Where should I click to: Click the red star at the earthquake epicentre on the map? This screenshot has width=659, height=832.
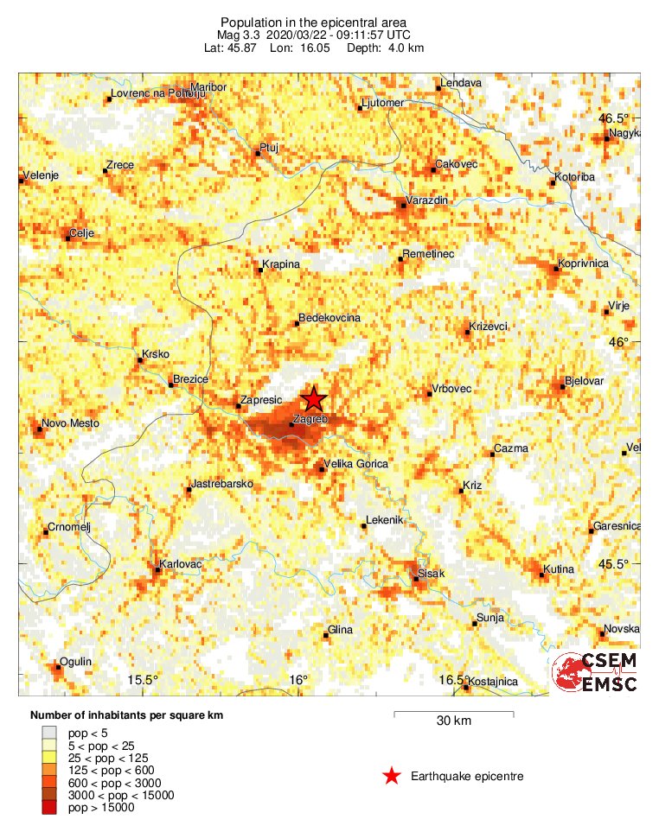(x=313, y=399)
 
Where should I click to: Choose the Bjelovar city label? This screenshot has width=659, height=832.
(x=584, y=380)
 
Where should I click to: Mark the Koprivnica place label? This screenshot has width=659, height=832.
(x=585, y=263)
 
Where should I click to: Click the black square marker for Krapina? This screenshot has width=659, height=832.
(x=259, y=270)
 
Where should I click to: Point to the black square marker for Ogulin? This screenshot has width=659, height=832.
(x=58, y=668)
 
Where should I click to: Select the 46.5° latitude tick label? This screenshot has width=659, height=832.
(x=617, y=118)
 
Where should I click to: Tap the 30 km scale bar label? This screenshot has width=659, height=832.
(x=453, y=721)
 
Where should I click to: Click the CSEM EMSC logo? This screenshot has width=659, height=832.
(x=595, y=672)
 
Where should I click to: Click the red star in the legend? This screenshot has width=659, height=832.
(x=392, y=776)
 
